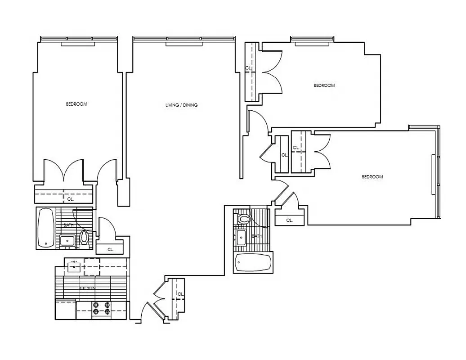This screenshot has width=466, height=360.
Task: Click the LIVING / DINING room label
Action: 181,105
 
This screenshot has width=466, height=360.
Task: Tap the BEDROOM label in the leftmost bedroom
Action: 76,104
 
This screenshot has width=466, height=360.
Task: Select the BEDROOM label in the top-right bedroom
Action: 324,85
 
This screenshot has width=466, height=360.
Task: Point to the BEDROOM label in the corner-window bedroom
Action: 372,177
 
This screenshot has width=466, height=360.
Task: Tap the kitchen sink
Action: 74,267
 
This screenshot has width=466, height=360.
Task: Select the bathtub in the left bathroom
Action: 45,228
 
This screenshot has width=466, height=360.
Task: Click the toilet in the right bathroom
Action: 243,220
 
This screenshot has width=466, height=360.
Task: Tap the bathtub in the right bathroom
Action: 253,263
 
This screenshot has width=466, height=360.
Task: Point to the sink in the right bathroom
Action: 241,238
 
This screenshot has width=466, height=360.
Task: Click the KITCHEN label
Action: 87,288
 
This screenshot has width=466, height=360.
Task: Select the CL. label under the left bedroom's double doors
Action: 70,198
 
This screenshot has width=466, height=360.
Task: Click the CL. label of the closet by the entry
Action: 181,294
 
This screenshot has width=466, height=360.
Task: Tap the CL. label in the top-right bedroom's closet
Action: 248,68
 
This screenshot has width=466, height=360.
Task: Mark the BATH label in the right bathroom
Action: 256,236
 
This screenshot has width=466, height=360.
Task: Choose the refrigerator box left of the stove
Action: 66,309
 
